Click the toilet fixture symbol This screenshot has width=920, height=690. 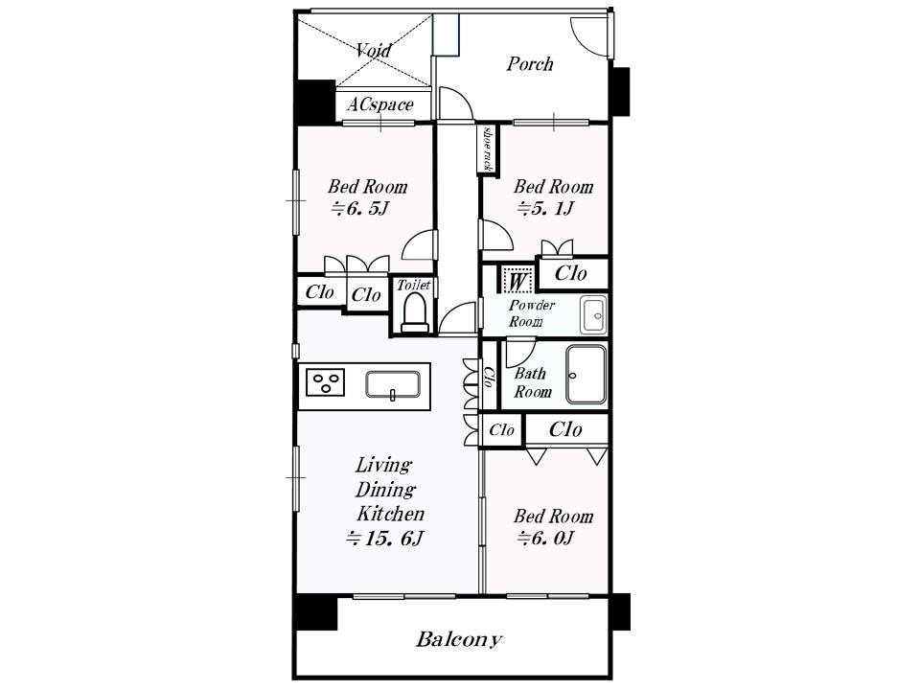pyautogui.click(x=415, y=312)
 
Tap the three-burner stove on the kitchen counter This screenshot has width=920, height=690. pyautogui.click(x=325, y=382)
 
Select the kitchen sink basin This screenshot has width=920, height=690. pyautogui.click(x=393, y=385)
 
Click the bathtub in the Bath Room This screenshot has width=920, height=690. pyautogui.click(x=586, y=375)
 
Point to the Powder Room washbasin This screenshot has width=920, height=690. pyautogui.click(x=593, y=315)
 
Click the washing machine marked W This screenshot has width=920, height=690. pyautogui.click(x=517, y=280)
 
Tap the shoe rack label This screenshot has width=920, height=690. pyautogui.click(x=487, y=149)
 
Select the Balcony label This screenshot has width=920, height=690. pyautogui.click(x=459, y=639)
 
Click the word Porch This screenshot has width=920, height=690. pyautogui.click(x=530, y=63)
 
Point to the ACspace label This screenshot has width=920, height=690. pyautogui.click(x=380, y=105)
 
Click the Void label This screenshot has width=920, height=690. pyautogui.click(x=374, y=50)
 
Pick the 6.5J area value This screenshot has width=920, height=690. pyautogui.click(x=360, y=208)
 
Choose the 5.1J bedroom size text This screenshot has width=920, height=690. pyautogui.click(x=545, y=208)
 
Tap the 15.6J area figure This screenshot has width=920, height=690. pyautogui.click(x=384, y=538)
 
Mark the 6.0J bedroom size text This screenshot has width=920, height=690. pyautogui.click(x=545, y=538)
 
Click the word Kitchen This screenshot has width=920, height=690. pyautogui.click(x=390, y=514)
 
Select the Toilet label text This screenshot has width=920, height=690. pyautogui.click(x=414, y=286)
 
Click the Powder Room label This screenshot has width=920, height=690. pyautogui.click(x=532, y=313)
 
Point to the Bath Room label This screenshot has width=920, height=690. pyautogui.click(x=533, y=382)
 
